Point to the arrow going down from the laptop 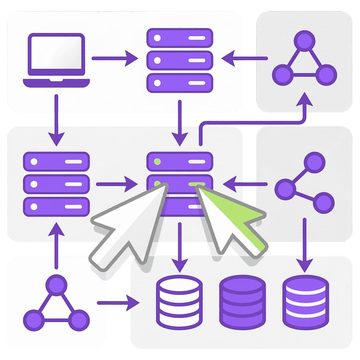click(56, 119)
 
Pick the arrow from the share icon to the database click(304, 245)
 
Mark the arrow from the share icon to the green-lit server click(245, 181)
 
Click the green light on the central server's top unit click(157, 161)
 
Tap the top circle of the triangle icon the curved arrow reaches click(304, 41)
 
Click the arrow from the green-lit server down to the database click(180, 247)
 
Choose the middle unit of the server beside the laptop click(180, 60)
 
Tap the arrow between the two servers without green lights click(180, 122)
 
